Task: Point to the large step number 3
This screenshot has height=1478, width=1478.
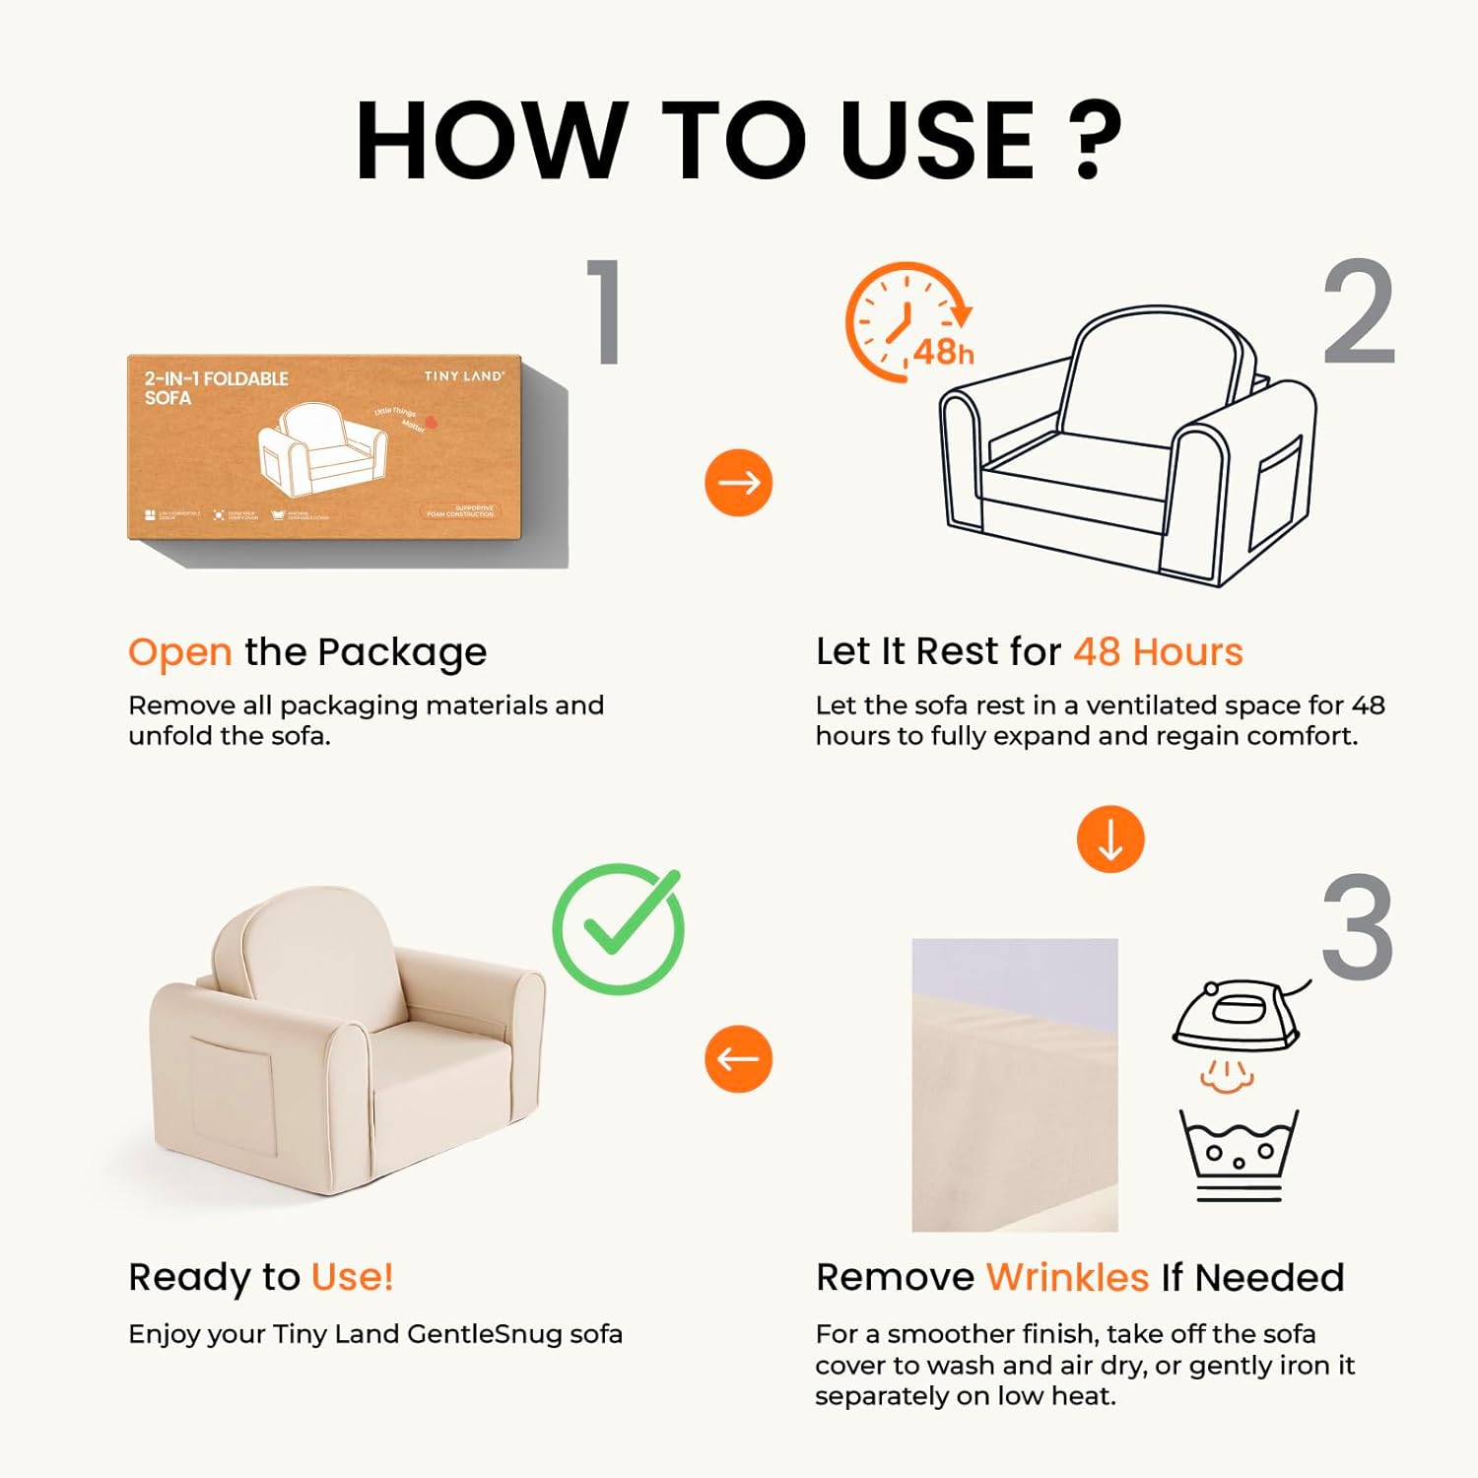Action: [x=1358, y=927]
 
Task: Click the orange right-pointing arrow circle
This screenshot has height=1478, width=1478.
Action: [x=738, y=482]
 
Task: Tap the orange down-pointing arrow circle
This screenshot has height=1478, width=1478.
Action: [x=1110, y=840]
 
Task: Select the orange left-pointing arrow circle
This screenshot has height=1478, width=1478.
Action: [x=738, y=1058]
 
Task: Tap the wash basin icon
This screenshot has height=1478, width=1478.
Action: [x=1239, y=1153]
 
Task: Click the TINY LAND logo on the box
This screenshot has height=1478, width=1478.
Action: [x=463, y=376]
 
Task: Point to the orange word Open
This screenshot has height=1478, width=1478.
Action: [x=179, y=652]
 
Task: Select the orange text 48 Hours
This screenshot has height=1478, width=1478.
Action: [x=1158, y=651]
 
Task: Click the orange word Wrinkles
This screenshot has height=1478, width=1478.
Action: [x=1067, y=1277]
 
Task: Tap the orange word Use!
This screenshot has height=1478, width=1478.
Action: [x=352, y=1276]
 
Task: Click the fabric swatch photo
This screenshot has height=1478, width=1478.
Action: [x=1014, y=1084]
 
